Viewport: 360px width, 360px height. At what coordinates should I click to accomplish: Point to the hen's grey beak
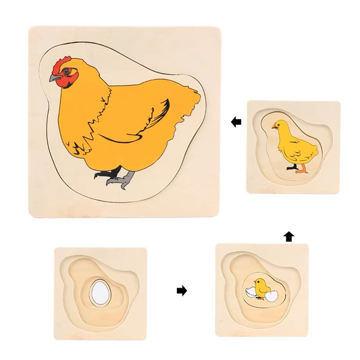click(x=53, y=78)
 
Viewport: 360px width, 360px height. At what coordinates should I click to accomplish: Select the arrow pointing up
click(x=289, y=236)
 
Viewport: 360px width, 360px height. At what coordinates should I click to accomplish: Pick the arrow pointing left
click(x=235, y=122)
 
